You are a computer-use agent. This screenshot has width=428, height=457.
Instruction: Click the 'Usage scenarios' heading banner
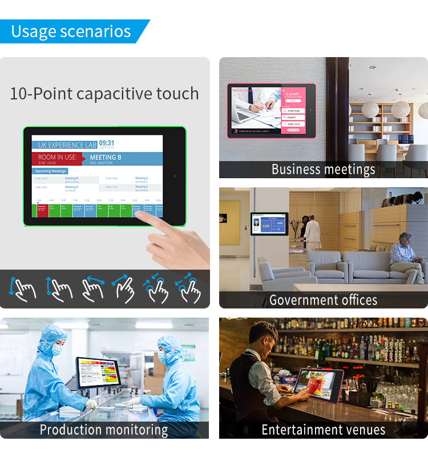(71, 31)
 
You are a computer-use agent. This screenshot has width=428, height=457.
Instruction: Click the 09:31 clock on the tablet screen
(107, 143)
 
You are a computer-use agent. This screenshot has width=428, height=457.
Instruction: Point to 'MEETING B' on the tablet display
(106, 157)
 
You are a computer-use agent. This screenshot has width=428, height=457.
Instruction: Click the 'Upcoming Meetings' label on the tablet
(51, 171)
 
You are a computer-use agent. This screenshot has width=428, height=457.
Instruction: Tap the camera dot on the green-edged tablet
(175, 177)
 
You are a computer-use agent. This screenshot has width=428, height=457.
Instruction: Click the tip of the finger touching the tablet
(138, 214)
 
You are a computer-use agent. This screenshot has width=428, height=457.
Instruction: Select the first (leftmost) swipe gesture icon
(22, 288)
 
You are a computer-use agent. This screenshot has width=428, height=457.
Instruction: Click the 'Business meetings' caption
(323, 170)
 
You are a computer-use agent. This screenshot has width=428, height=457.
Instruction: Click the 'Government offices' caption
(323, 300)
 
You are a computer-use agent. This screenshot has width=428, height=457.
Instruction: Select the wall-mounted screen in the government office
(269, 225)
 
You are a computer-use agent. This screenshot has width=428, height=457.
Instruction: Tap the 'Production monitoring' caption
(104, 430)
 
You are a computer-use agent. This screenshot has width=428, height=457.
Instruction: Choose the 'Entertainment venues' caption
(323, 430)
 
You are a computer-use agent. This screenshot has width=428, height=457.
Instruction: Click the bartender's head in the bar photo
(264, 334)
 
